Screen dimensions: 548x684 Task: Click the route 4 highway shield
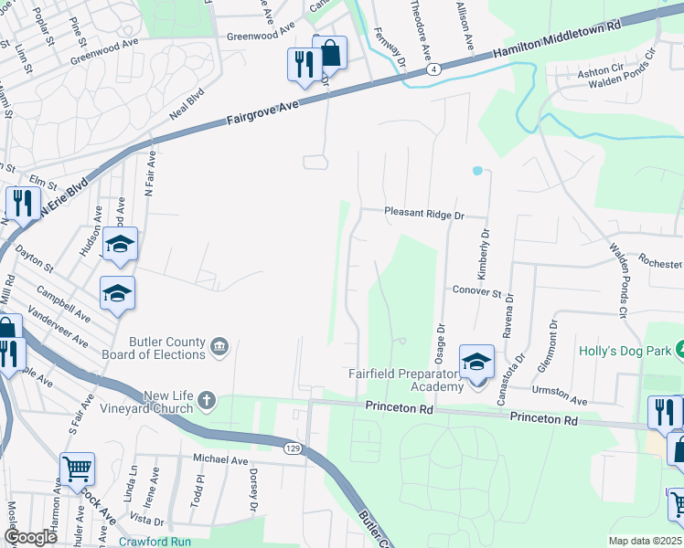(435, 68)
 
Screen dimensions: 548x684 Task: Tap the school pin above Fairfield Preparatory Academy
(476, 362)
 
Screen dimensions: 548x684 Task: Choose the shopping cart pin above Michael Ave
(77, 469)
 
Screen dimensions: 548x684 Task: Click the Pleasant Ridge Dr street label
(424, 213)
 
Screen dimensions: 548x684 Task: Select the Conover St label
(477, 293)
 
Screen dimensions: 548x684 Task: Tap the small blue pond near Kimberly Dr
(476, 171)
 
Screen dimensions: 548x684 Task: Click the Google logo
(30, 538)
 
